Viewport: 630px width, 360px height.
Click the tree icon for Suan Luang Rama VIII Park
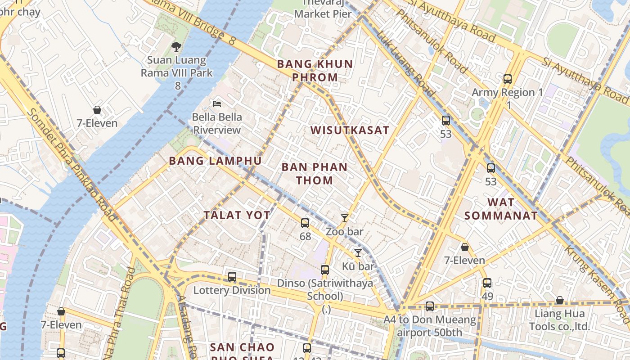click(x=176, y=46)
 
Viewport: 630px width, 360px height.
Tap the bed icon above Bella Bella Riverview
click(x=217, y=103)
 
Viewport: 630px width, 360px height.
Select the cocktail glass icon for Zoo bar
click(x=345, y=218)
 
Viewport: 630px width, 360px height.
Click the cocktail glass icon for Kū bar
click(x=358, y=253)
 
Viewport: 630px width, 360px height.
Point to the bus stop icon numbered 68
click(x=305, y=223)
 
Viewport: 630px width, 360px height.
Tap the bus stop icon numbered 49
click(x=487, y=283)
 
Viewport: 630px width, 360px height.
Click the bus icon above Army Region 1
click(x=508, y=79)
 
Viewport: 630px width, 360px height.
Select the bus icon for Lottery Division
click(x=232, y=277)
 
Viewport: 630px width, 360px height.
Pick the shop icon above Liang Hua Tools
click(x=559, y=300)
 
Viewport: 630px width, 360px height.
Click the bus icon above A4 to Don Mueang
click(x=430, y=306)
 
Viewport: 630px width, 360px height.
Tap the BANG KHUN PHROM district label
click(x=315, y=71)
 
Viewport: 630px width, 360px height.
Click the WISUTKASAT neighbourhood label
click(x=350, y=130)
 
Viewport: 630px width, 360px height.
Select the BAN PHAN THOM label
click(x=315, y=174)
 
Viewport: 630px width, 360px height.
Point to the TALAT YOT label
click(x=237, y=215)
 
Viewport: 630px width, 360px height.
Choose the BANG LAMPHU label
click(x=215, y=161)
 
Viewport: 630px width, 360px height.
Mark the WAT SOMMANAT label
click(x=501, y=209)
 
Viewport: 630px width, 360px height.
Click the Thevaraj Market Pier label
click(x=323, y=9)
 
